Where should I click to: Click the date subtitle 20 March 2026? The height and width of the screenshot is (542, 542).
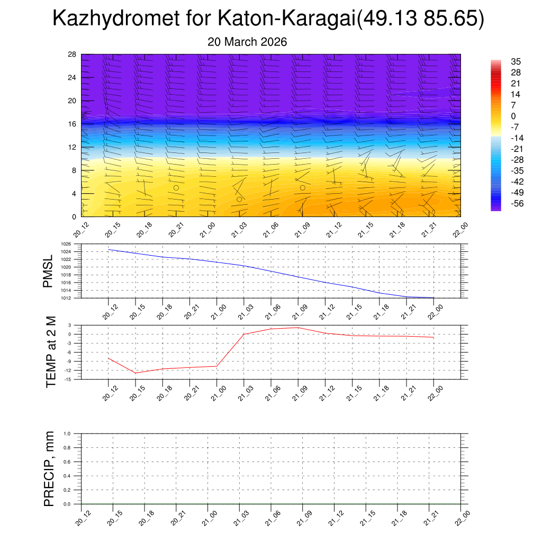(x=247, y=42)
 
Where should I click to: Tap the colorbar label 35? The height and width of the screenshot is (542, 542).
(x=516, y=61)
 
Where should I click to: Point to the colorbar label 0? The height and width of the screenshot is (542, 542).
(x=513, y=116)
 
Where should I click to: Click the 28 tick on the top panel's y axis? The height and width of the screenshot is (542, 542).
(x=73, y=55)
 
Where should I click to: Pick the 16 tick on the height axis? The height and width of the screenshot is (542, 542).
(x=73, y=124)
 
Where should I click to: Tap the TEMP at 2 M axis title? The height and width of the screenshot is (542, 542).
(x=51, y=351)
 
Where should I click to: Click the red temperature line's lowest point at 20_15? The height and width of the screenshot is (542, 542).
(x=135, y=373)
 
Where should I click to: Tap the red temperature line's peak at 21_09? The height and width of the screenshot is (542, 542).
(x=298, y=328)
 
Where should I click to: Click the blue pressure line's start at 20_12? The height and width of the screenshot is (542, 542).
(x=109, y=249)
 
